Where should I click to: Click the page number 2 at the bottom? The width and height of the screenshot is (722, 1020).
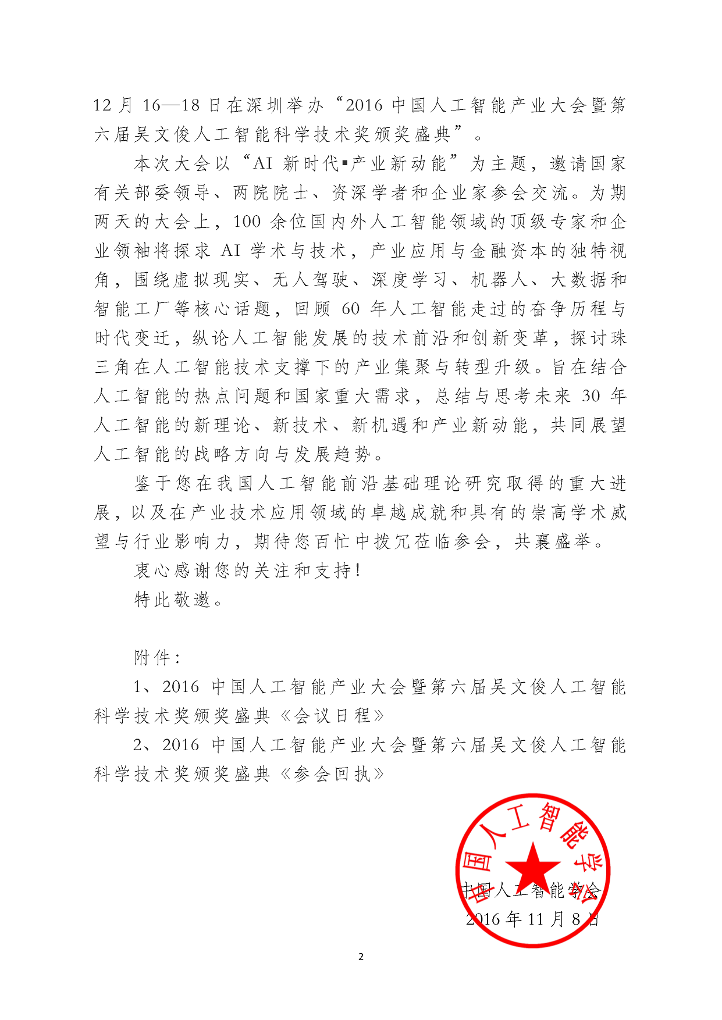point(361,957)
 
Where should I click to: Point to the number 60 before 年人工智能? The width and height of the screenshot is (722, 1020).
point(350,309)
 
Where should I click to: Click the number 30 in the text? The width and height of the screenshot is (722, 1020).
point(591,396)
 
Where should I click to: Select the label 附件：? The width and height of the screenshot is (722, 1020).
point(157,658)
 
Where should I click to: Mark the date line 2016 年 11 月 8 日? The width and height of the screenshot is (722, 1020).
point(532,919)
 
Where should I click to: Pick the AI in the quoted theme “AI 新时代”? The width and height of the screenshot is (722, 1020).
point(263,163)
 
